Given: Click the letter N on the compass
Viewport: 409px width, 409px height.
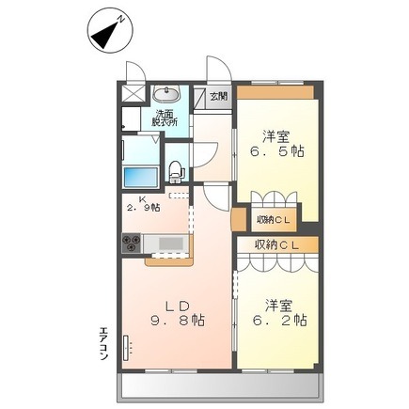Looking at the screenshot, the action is [120, 20].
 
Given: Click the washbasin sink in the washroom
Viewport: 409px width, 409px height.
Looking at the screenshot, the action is [166, 93].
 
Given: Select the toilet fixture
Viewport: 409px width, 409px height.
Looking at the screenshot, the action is [176, 172].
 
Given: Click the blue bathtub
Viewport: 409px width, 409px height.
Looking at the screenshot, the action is [141, 178].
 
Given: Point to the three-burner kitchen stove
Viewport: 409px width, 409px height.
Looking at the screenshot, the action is [132, 244].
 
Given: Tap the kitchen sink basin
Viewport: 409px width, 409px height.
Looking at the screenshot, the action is [171, 244].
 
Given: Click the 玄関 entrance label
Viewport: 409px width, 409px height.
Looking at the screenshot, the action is [219, 96].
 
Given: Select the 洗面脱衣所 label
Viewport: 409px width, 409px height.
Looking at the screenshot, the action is [165, 118].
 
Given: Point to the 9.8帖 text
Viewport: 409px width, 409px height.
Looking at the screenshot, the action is [178, 321].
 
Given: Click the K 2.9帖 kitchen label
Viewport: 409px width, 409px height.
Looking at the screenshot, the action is [144, 203].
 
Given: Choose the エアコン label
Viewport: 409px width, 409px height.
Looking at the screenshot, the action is [103, 343].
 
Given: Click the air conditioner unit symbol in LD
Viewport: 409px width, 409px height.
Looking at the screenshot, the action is [126, 348].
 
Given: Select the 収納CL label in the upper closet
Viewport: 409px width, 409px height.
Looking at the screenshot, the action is [275, 220].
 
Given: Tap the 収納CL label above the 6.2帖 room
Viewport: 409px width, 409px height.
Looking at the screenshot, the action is [276, 244].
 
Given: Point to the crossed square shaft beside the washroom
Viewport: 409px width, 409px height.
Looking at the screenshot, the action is [134, 93].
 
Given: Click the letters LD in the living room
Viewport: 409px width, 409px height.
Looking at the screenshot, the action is [178, 307].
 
